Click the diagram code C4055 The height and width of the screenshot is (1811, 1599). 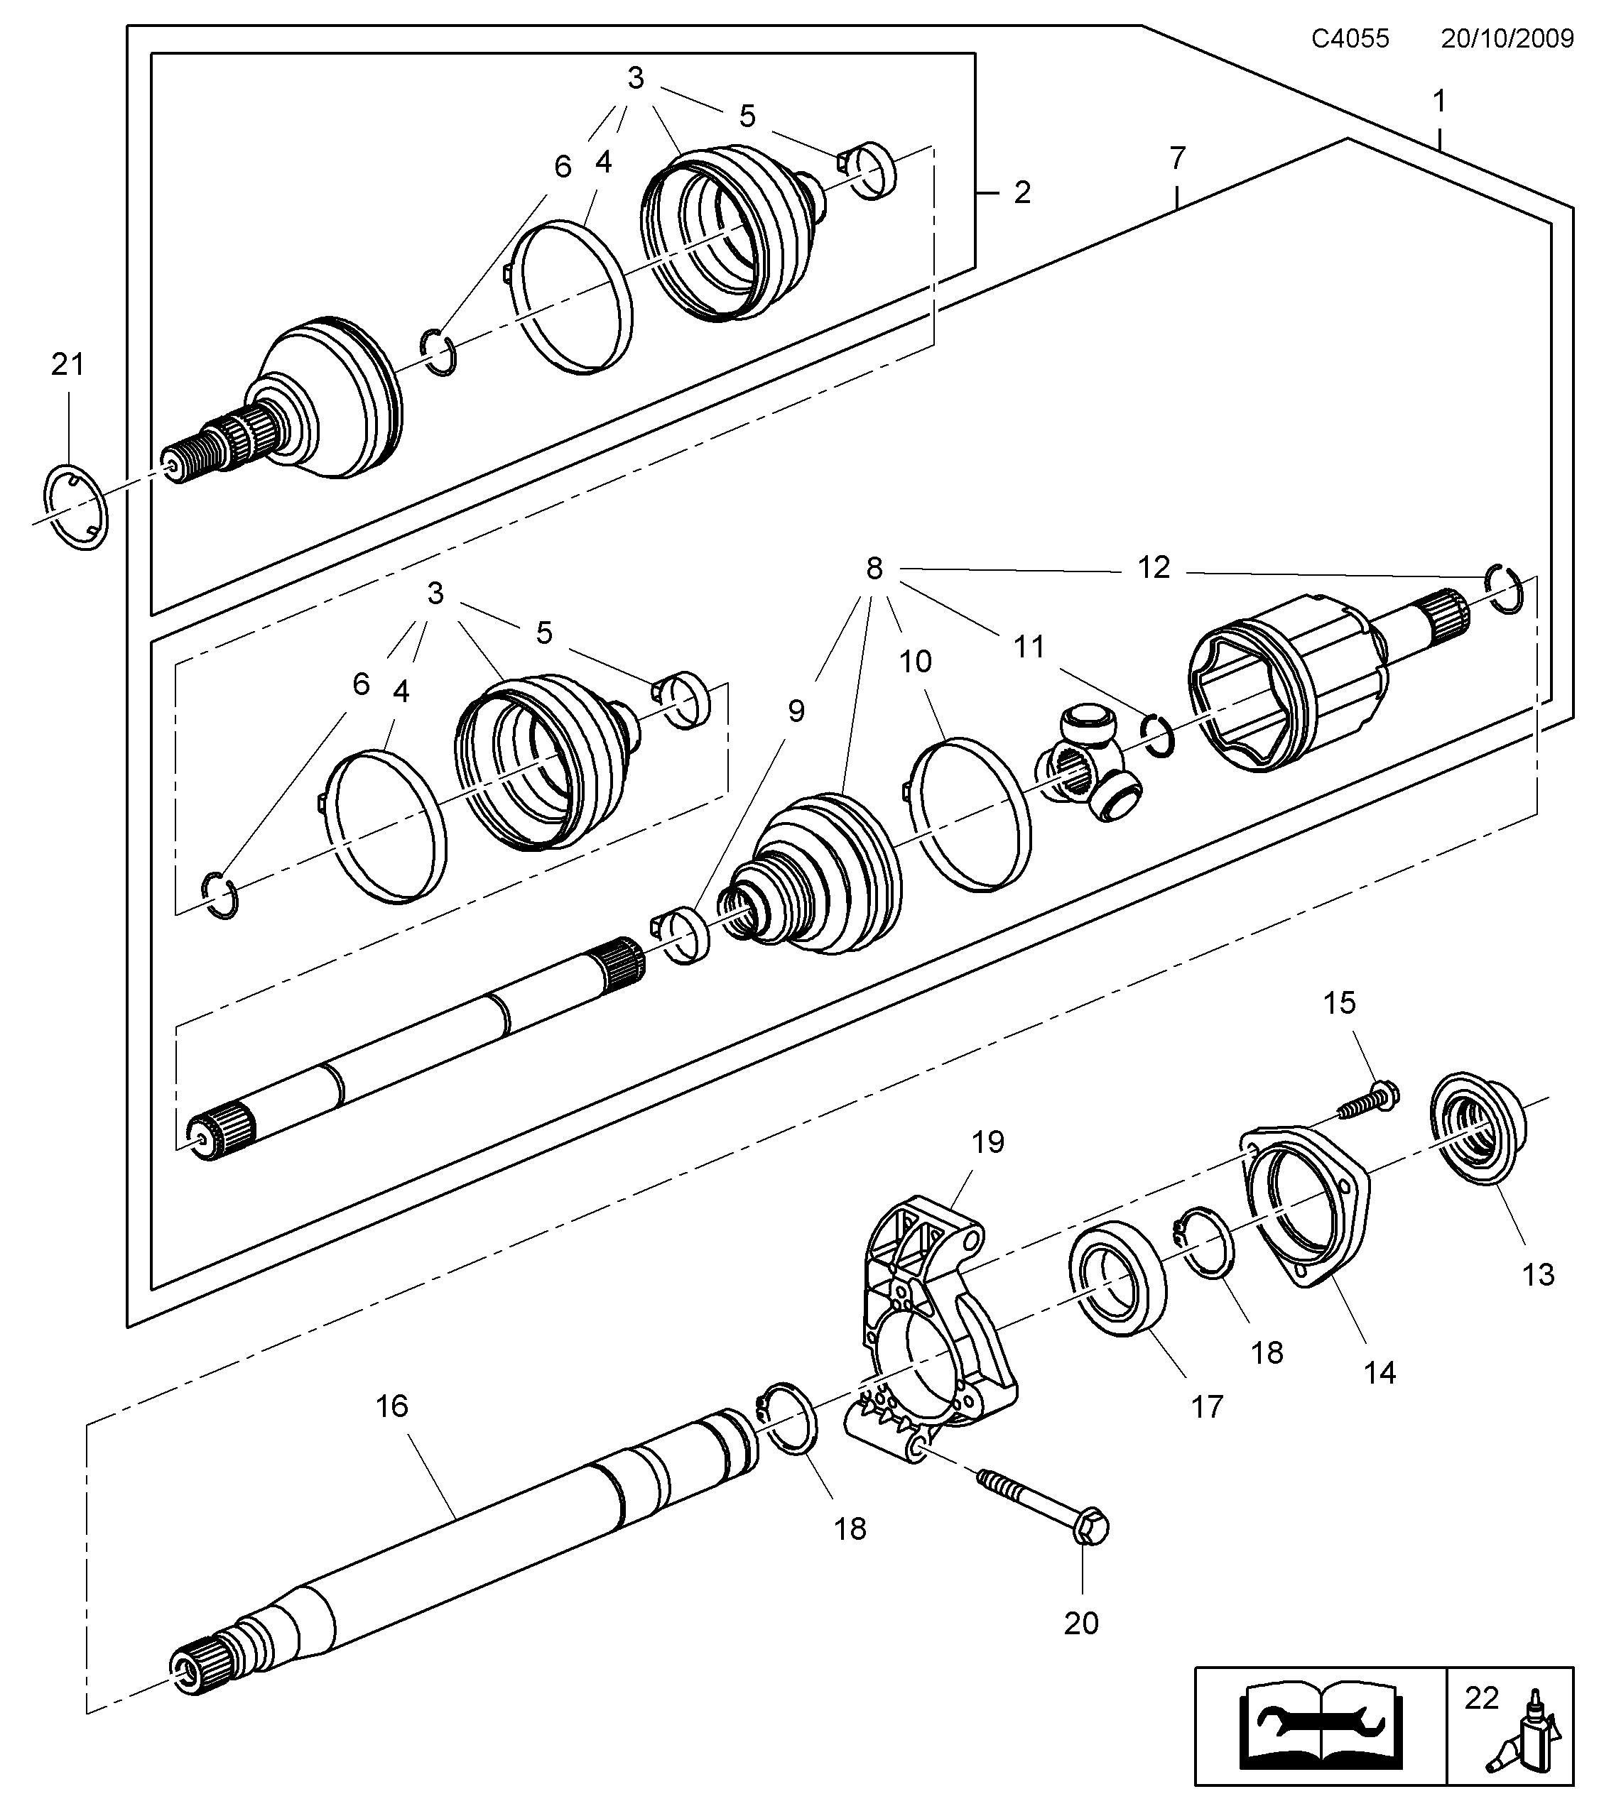click(1350, 38)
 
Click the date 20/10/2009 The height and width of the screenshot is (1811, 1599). click(1507, 38)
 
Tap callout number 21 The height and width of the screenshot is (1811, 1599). click(67, 364)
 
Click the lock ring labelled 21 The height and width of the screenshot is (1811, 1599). click(75, 506)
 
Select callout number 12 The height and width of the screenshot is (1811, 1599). click(1153, 567)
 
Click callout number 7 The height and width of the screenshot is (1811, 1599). click(1176, 158)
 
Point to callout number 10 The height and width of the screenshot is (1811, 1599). click(915, 661)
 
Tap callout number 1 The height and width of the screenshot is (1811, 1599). click(1439, 102)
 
